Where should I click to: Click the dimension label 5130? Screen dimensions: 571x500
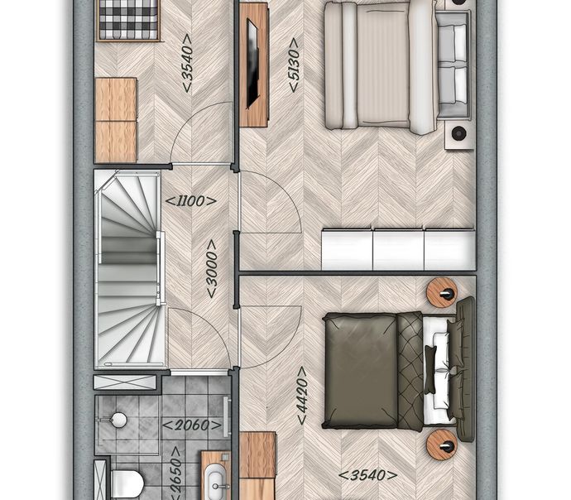click(294, 65)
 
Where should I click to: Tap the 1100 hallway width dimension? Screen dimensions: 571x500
click(191, 201)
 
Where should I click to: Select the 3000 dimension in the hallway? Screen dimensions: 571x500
click(212, 269)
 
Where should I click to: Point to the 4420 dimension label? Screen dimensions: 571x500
click(302, 395)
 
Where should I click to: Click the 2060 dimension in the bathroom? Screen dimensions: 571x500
click(192, 425)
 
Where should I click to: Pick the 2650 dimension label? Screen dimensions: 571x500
click(176, 474)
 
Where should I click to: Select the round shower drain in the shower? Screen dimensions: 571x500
click(118, 420)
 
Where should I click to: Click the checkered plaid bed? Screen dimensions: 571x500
click(128, 20)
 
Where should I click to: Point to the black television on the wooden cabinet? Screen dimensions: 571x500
click(252, 64)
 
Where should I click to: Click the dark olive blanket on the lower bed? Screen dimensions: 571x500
click(361, 371)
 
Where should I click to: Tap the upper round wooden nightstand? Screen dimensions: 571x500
click(442, 294)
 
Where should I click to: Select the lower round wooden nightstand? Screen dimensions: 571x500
click(442, 445)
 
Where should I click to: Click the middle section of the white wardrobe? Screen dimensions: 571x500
click(398, 249)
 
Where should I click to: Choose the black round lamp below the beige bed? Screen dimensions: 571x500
click(458, 133)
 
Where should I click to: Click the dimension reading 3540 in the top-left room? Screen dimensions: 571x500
click(187, 63)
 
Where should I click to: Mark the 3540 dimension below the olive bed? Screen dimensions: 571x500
click(367, 475)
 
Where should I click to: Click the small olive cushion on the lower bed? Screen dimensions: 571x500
click(429, 369)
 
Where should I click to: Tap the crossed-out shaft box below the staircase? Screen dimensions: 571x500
click(125, 382)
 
